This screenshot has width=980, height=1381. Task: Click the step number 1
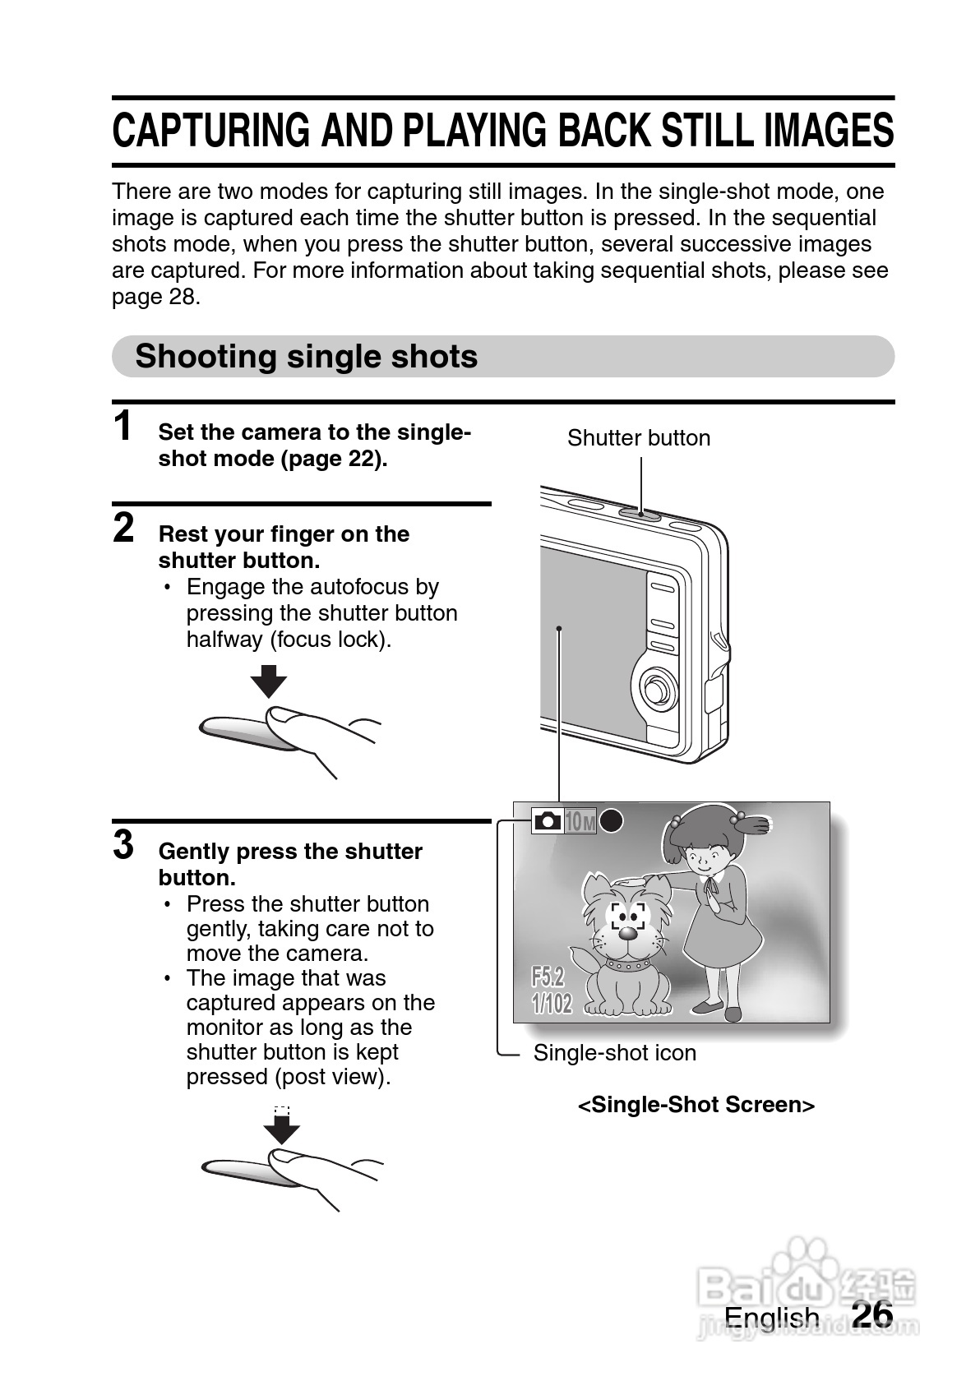(122, 426)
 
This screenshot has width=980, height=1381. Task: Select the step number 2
(123, 528)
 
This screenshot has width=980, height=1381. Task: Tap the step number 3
(123, 844)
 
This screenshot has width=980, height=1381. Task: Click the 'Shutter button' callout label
(638, 438)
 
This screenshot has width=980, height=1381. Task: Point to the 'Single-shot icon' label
(614, 1053)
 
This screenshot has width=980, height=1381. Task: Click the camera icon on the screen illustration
(548, 820)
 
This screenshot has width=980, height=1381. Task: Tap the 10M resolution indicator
(580, 821)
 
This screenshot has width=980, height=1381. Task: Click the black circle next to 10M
(611, 820)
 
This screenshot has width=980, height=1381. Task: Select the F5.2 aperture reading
(548, 977)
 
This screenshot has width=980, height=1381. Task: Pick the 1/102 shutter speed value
(552, 1003)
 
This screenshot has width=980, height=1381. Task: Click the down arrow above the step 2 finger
(269, 681)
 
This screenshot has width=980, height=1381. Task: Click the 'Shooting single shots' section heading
(307, 357)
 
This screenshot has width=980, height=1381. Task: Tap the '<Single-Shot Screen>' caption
(696, 1105)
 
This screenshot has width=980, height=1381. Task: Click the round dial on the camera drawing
(656, 690)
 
